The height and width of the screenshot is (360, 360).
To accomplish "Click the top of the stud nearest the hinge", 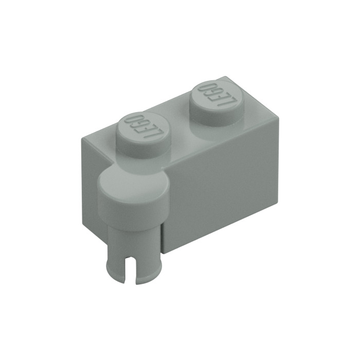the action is point(143,130).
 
